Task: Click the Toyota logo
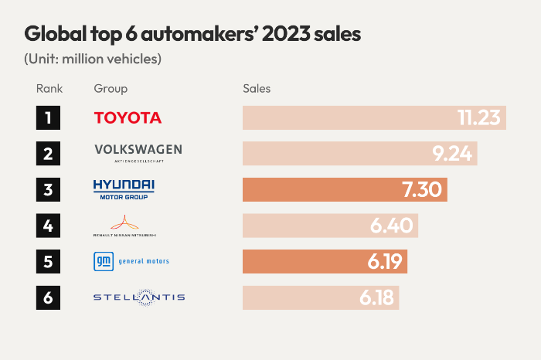128,117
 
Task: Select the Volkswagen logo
138,152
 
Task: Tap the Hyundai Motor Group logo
124,188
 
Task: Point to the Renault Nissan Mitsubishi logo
124,225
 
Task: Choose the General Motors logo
131,261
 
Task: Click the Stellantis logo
138,297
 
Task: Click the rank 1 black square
48,117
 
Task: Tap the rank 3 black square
48,189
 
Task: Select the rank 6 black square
48,297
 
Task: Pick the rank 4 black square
48,226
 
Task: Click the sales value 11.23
479,117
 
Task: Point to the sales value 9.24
452,153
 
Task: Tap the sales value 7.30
422,189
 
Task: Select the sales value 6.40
393,226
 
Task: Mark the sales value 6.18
374,297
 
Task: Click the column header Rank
49,88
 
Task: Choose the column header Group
111,88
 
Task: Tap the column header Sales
257,88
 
